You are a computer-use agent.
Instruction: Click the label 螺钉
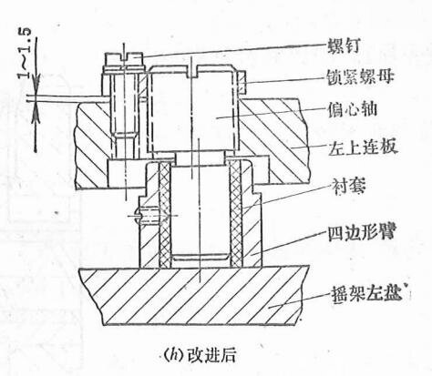point(344,46)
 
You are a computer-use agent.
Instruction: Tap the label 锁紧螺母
point(360,76)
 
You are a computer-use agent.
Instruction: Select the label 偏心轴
point(352,109)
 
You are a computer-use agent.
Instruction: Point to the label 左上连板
point(363,147)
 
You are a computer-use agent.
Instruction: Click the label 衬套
point(348,186)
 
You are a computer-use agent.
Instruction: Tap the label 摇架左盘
point(365,292)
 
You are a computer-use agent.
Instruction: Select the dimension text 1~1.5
point(26,54)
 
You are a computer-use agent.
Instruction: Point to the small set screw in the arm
point(149,216)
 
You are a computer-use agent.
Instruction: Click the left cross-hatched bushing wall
point(165,215)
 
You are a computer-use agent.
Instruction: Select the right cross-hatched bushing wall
point(235,214)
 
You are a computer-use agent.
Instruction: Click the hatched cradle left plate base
point(194,294)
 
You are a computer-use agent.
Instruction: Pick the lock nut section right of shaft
point(242,83)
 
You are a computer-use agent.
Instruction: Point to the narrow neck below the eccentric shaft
point(201,158)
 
